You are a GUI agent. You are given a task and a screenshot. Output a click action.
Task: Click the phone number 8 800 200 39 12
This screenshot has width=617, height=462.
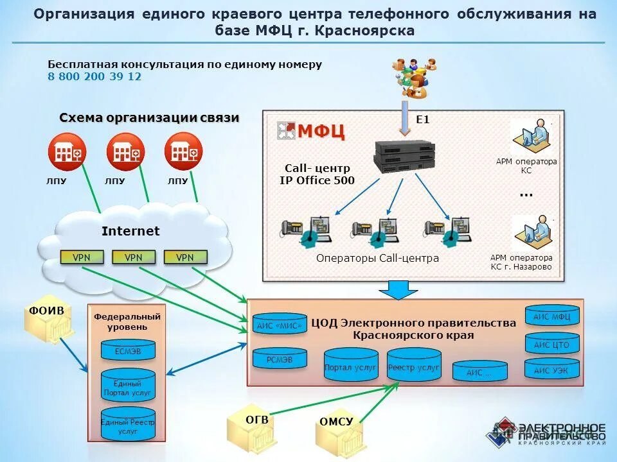coord(94,77)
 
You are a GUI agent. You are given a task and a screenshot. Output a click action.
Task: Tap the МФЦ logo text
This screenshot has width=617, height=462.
coord(320,131)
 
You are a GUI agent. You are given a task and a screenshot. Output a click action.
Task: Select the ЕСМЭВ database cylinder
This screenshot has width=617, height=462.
coord(128,350)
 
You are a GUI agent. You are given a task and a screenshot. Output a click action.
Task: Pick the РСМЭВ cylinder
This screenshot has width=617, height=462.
coord(279,359)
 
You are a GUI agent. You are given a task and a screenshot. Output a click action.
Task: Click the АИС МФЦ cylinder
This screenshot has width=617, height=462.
coord(552,316)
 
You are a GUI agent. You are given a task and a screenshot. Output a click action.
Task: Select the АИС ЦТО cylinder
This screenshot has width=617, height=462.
coord(552,345)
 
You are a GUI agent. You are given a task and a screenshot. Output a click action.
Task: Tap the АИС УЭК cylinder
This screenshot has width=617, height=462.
coord(552,370)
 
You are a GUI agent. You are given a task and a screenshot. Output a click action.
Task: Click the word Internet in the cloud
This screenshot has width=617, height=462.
coord(130,231)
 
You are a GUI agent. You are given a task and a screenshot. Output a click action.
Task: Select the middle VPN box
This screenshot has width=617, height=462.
coord(134,257)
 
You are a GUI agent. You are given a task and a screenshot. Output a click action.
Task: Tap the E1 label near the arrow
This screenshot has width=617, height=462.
coord(422,119)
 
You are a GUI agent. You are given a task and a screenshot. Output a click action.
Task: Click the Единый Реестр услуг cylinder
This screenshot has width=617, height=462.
coord(128,424)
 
